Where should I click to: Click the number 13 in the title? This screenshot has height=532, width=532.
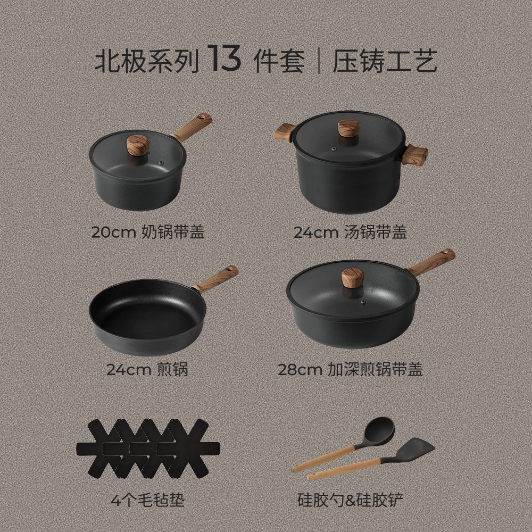point(224,60)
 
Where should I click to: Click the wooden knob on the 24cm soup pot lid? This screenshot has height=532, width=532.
point(348,128)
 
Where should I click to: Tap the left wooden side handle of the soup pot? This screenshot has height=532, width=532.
point(285,132)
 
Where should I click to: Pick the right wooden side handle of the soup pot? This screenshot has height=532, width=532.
point(415,155)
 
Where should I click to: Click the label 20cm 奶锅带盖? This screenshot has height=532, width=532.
point(147,232)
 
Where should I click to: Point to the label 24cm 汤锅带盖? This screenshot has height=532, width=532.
point(350,232)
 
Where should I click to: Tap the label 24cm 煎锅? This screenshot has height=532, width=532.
point(147,370)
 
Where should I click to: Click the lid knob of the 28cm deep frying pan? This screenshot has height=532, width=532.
point(352,278)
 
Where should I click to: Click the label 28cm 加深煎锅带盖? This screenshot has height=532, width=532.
point(350,370)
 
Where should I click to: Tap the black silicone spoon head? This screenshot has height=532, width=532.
point(378,429)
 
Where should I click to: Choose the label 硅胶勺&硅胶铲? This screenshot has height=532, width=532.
point(350,500)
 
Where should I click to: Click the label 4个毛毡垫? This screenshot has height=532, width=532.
point(147,500)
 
